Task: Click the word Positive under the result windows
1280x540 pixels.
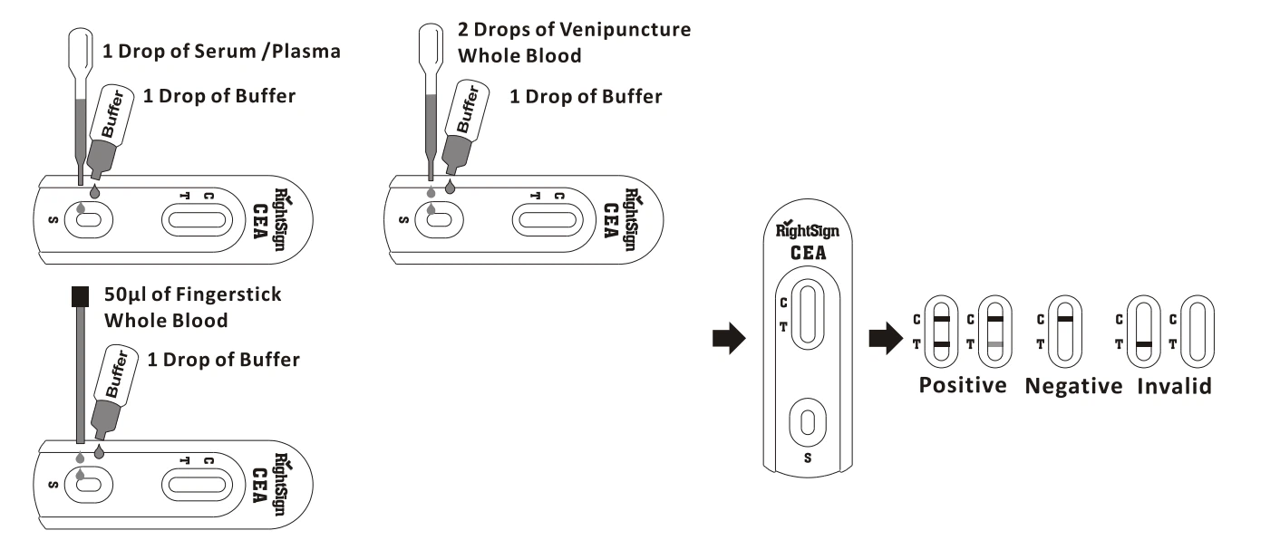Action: [x=963, y=385]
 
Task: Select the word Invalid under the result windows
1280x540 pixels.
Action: [x=1176, y=386]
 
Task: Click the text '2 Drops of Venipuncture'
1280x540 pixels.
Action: [x=574, y=30]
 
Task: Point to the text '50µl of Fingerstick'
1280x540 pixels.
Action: [x=193, y=294]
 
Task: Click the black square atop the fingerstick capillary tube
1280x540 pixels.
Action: [x=80, y=295]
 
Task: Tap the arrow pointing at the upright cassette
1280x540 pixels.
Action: [x=729, y=340]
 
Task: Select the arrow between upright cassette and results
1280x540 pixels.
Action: [x=885, y=340]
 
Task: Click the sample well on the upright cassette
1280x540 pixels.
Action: [x=809, y=422]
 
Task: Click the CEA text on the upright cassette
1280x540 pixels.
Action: [x=808, y=254]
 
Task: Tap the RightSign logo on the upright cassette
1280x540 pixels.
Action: [x=808, y=229]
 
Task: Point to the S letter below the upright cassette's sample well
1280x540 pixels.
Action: [x=809, y=458]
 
